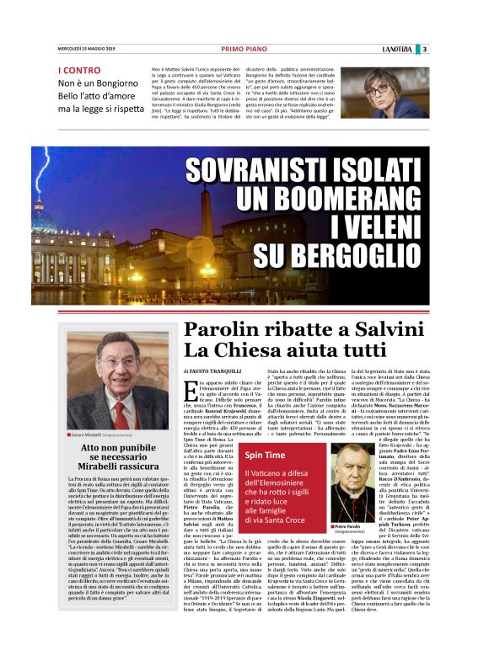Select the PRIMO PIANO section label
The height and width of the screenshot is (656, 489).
coord(244,49)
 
